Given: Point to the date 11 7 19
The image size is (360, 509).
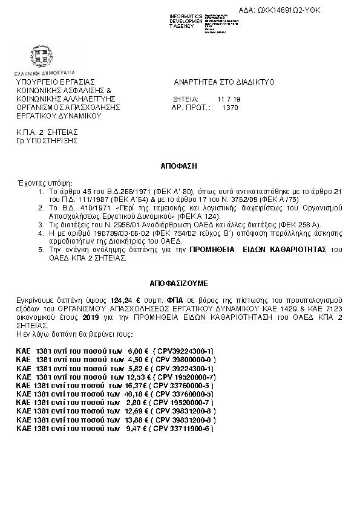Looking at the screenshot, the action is [x=229, y=99].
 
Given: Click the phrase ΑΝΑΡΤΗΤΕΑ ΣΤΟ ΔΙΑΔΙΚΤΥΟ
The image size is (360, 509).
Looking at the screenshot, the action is [x=224, y=81].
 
